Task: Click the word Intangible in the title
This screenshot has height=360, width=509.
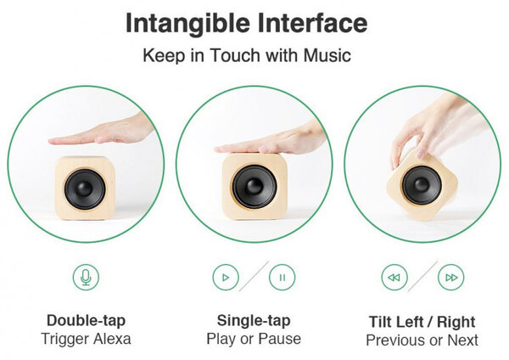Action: point(187,24)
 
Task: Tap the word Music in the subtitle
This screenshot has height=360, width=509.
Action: point(327,55)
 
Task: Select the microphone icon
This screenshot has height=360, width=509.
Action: point(86,277)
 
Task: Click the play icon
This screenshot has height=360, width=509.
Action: point(226,278)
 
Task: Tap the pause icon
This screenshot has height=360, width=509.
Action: point(282,278)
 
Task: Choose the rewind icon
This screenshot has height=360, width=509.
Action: point(394,278)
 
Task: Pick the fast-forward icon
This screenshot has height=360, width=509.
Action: point(451,278)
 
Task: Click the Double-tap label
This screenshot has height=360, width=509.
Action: point(86,321)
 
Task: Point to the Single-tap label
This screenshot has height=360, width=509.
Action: point(254,321)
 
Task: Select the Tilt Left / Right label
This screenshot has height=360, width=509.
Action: point(422,322)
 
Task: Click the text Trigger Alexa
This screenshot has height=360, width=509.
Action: point(86,339)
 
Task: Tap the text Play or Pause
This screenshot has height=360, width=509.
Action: point(254,340)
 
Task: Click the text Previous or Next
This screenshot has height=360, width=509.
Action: point(422,340)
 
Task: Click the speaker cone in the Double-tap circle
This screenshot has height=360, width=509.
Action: point(85,189)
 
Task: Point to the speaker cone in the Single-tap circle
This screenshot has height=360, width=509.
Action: point(255,187)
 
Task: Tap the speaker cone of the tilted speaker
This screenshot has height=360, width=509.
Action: point(422,185)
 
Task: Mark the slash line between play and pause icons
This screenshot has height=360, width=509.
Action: point(254,276)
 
